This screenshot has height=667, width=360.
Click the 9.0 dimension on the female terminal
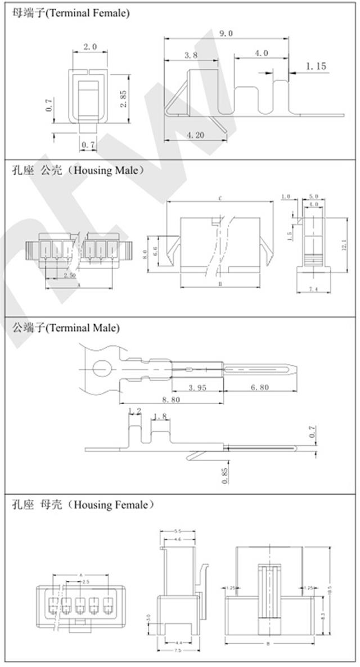226,34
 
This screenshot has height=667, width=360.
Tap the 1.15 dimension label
316,66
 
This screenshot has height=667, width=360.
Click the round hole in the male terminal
103,369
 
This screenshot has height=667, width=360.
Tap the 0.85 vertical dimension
225,475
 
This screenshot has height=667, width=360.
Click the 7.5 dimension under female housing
178,650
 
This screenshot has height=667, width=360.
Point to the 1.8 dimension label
160,417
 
